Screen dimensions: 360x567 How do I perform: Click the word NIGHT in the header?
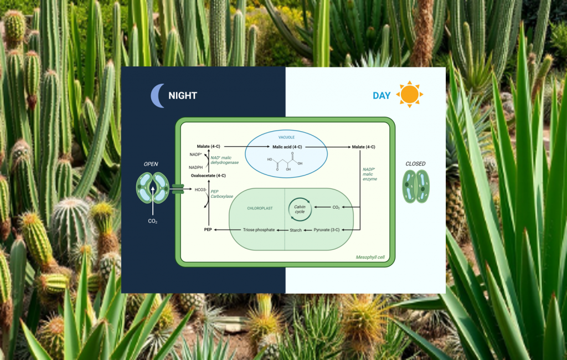tap(183, 96)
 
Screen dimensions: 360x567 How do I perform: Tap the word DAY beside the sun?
tap(382, 96)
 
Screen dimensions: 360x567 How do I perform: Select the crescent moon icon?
tap(158, 96)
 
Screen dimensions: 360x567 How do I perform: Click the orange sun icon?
tap(410, 94)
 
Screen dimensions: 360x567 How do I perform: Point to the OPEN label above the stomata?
tap(151, 164)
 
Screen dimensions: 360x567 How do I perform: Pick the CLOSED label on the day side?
tap(415, 164)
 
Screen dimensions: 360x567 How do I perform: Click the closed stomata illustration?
tap(416, 186)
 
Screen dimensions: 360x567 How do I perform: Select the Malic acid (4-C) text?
tap(287, 147)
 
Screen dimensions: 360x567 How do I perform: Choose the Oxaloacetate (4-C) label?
tap(208, 176)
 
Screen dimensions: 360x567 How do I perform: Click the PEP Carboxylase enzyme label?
tap(219, 194)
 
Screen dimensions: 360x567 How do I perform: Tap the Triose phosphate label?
tap(259, 229)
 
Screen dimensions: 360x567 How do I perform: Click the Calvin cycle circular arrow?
tap(300, 208)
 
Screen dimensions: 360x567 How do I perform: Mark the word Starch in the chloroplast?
tap(296, 230)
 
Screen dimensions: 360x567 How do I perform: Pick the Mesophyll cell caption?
tap(370, 258)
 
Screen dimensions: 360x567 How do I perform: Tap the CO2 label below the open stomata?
tap(152, 222)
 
